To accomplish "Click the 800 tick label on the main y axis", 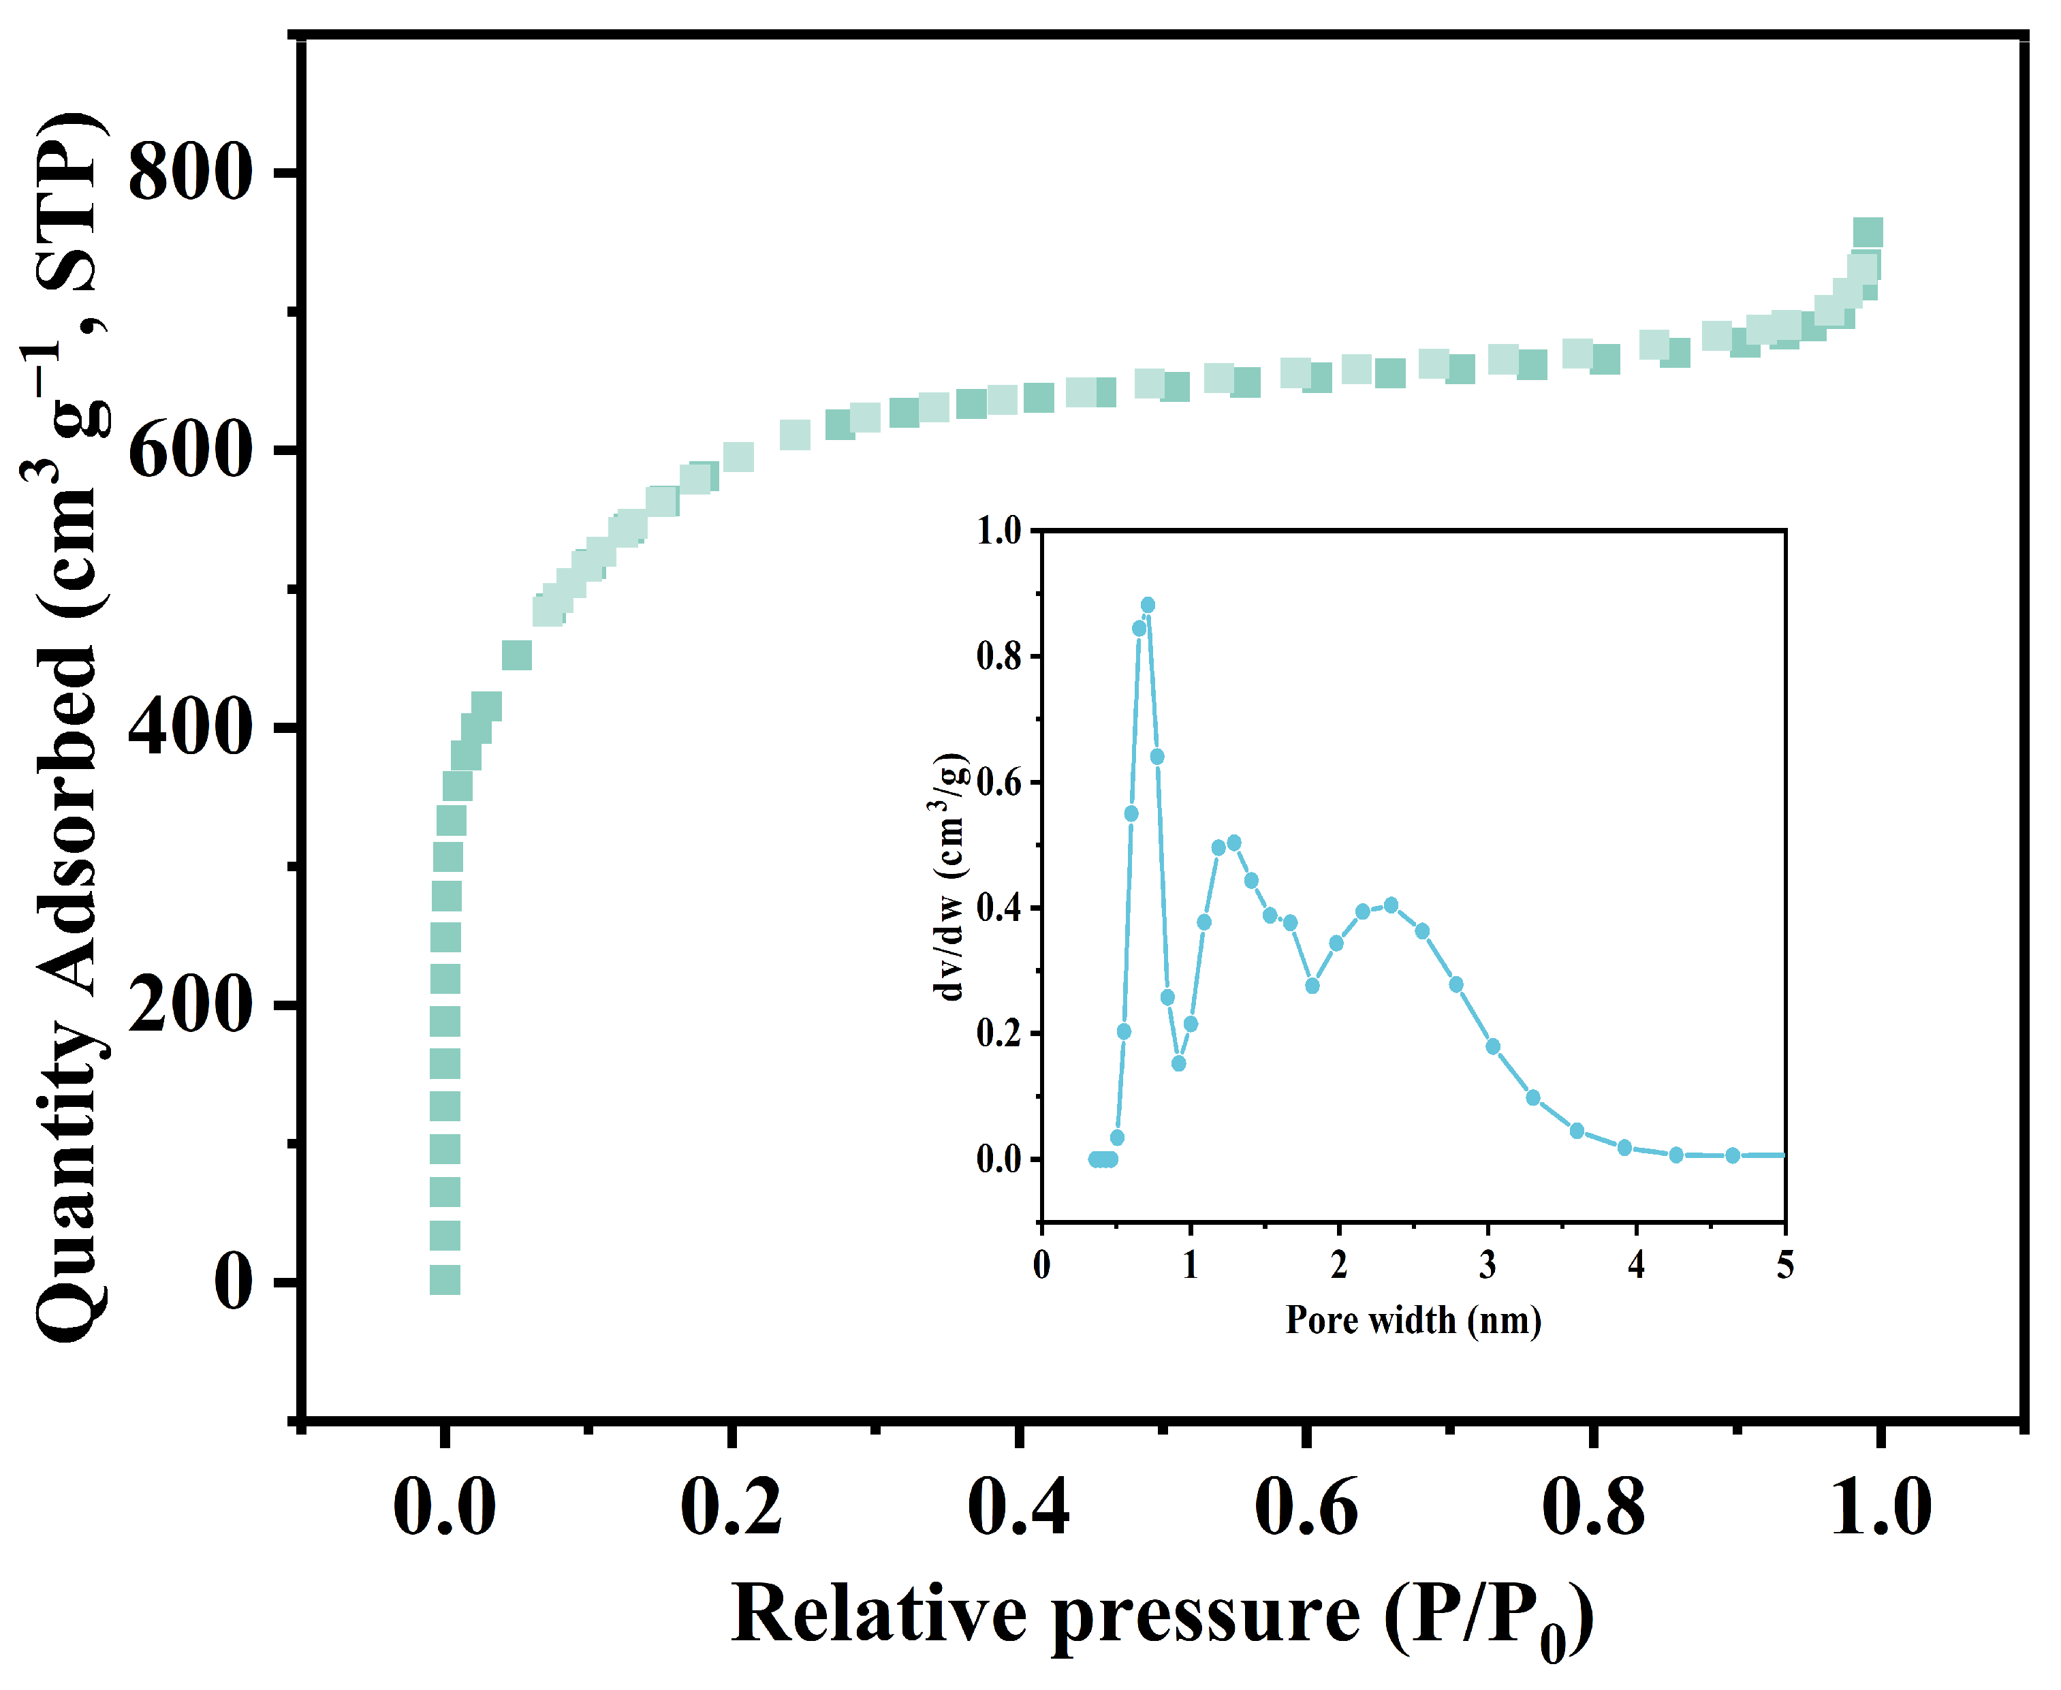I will tap(190, 173).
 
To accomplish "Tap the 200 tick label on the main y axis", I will tap(190, 1005).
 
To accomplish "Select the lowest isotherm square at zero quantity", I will tap(445, 1280).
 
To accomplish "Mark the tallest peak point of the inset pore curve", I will tap(1148, 606).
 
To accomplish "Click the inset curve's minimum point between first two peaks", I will tap(1179, 1063).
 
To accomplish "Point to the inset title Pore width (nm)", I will tap(1413, 1321).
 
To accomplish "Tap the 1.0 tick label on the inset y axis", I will tap(999, 531).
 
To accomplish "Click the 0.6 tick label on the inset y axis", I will tap(999, 783).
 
